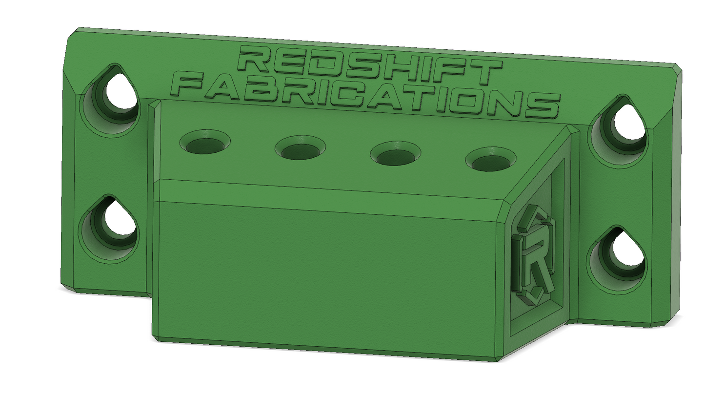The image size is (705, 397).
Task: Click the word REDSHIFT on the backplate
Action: point(370,67)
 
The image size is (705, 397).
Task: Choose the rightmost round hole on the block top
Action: point(491,160)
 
